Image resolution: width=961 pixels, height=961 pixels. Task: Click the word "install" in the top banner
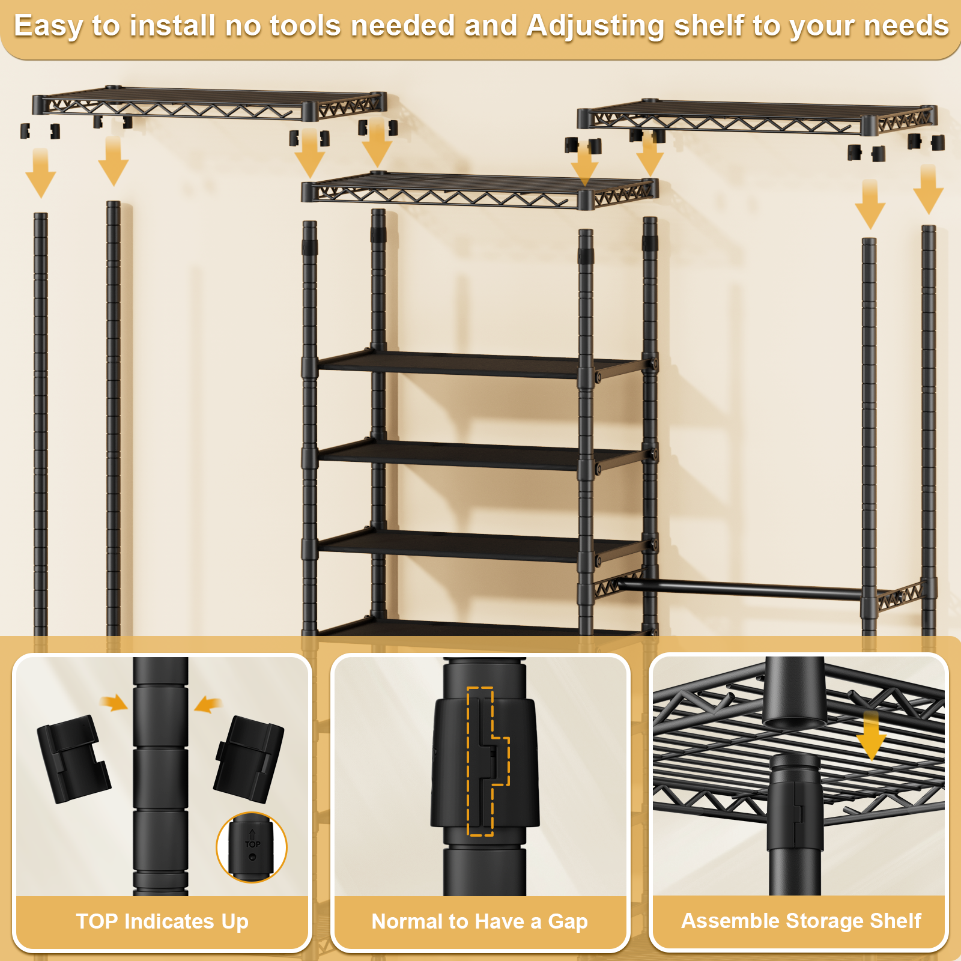click(172, 26)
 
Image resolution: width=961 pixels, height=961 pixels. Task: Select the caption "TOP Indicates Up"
click(162, 921)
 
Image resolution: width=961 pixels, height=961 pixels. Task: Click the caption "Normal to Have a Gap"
click(479, 921)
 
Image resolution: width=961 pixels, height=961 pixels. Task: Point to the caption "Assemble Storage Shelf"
click(801, 921)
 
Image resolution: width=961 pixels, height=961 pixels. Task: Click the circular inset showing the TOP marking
click(252, 847)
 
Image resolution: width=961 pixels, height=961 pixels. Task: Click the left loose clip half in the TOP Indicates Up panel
click(73, 758)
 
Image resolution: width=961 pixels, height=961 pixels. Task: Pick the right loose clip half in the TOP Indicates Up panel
click(248, 759)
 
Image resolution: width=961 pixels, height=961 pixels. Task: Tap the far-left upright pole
click(41, 420)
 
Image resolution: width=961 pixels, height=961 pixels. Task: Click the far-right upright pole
click(929, 420)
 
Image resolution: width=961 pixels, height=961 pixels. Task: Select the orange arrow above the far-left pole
click(41, 174)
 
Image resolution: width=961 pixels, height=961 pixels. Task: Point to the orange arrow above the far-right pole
click(928, 190)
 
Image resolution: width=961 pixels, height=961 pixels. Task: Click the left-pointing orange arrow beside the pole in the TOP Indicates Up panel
click(208, 704)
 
